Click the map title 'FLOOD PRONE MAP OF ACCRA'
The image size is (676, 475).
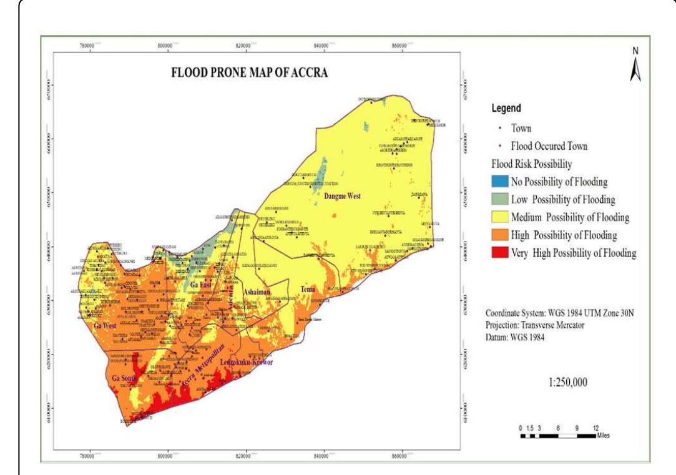coord(250,73)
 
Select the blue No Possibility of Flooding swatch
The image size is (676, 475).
coord(499,182)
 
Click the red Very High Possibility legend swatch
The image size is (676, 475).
coord(499,253)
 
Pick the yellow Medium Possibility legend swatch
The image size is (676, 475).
coord(499,217)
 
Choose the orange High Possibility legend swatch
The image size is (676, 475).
coord(499,235)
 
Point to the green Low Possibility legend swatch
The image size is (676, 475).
coord(499,200)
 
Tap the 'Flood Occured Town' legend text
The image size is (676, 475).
coord(549,147)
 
